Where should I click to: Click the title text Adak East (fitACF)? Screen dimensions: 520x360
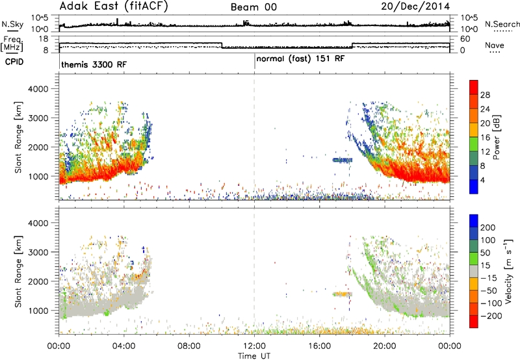114,6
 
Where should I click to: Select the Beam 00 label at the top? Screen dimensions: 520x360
253,7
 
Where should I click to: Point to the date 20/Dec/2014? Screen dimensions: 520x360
415,6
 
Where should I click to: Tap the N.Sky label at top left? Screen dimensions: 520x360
12,24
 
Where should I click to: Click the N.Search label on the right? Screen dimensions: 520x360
502,24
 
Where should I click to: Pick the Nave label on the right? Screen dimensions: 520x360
495,45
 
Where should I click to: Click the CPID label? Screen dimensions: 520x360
14,62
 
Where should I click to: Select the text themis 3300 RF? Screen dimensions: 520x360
94,64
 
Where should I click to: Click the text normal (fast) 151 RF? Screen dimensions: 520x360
300,59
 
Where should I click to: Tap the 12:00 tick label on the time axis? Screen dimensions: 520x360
254,346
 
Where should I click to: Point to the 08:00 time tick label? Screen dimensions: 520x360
189,346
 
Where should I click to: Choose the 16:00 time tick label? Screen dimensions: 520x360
319,346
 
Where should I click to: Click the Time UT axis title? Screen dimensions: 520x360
254,355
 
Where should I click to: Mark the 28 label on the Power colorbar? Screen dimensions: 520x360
485,95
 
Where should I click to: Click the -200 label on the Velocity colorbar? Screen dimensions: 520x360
491,316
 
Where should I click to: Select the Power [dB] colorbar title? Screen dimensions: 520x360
496,137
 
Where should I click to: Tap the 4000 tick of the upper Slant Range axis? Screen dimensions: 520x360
38,89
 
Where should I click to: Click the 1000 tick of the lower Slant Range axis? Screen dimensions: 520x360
38,311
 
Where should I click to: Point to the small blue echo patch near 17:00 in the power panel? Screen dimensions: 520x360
343,160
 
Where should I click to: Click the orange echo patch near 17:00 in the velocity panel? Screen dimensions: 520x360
343,294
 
